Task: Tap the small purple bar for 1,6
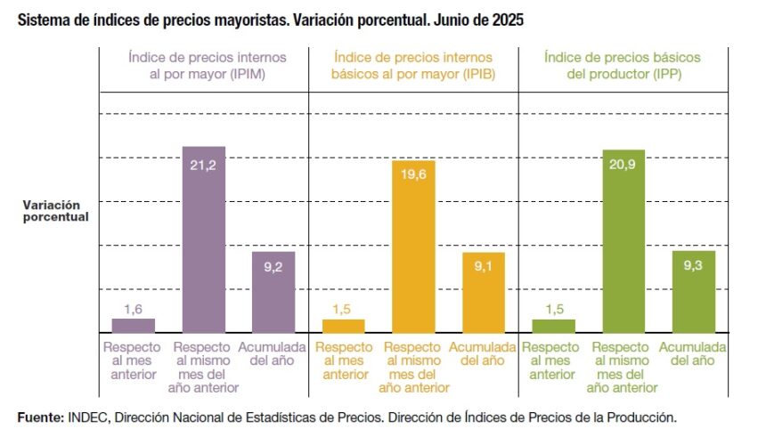(133, 325)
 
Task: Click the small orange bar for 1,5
(343, 325)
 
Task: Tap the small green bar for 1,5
(553, 325)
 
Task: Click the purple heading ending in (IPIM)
(204, 65)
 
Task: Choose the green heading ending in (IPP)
(623, 65)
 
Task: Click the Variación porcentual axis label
(55, 210)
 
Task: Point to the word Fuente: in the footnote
(40, 417)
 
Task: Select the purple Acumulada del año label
(273, 353)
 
